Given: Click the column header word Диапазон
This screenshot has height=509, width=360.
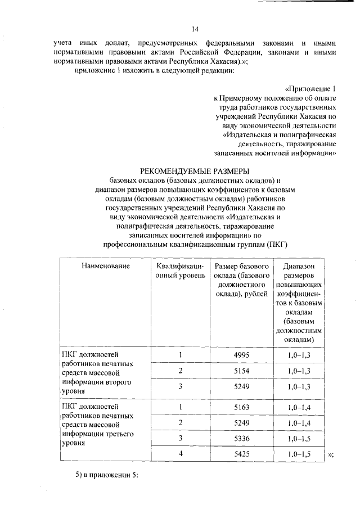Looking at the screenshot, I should coord(299,266).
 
